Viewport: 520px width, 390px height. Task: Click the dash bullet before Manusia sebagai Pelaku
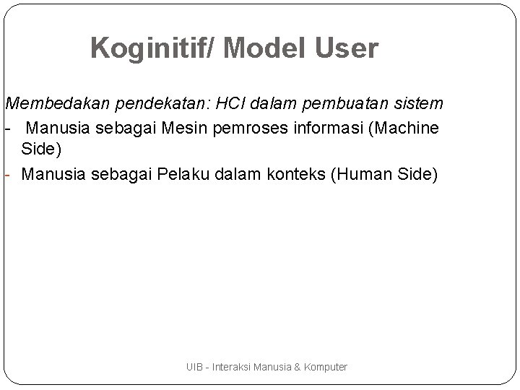(6, 174)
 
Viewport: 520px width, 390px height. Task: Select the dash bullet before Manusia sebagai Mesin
(6, 128)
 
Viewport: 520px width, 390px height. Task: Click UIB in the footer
(194, 367)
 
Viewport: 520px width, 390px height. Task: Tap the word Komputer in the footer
(324, 367)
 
